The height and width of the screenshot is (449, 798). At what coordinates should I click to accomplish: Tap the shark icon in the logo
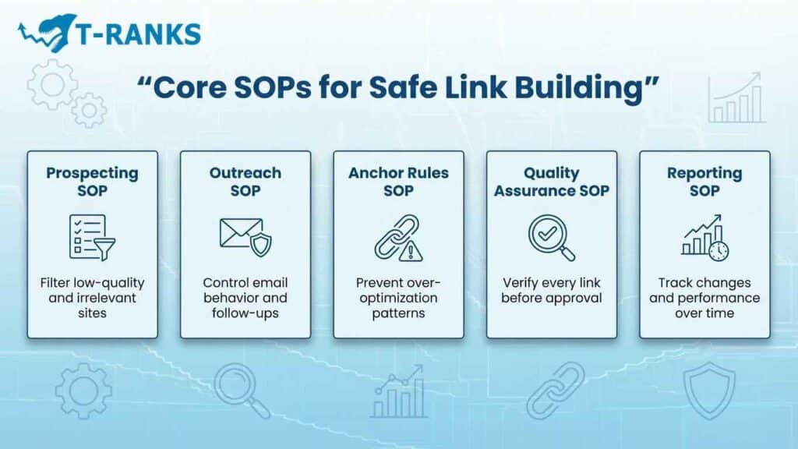48,31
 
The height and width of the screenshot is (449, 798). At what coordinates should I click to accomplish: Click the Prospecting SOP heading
92,181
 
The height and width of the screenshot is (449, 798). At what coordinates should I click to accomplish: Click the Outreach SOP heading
245,181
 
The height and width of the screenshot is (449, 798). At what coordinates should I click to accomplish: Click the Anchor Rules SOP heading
398,181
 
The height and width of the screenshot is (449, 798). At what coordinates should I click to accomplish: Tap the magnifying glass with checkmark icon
551,237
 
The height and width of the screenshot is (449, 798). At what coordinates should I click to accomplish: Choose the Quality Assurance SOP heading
551,181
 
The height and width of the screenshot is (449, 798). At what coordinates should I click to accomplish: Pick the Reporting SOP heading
704,181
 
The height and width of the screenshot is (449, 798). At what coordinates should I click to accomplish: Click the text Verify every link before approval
551,290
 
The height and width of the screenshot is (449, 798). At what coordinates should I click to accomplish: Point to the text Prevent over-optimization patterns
398,298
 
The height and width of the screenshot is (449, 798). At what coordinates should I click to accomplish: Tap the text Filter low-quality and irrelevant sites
92,298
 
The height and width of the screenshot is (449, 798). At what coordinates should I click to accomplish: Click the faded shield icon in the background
708,389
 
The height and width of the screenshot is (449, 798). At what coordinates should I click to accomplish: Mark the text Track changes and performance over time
704,298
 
